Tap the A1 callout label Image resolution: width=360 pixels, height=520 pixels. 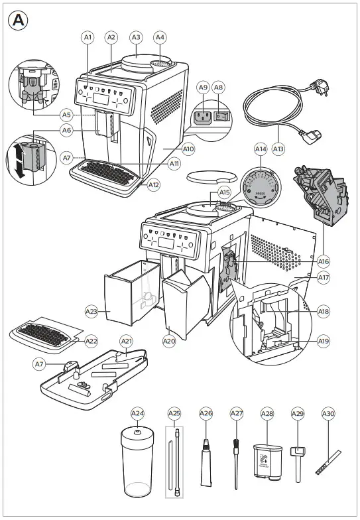pos(88,38)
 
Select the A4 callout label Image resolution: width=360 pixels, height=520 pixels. pos(160,38)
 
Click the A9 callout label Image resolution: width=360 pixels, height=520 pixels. pos(204,87)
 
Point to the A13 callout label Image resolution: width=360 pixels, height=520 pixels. pos(278,149)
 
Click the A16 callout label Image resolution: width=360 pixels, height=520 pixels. pos(324,261)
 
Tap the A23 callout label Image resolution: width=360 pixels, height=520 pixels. pos(91,310)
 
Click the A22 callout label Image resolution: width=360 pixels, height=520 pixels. pos(91,341)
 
